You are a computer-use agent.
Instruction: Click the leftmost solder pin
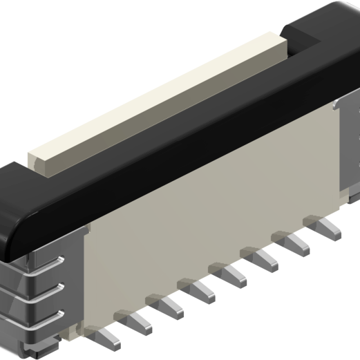pos(108,338)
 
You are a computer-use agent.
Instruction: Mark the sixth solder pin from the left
pos(264,257)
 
